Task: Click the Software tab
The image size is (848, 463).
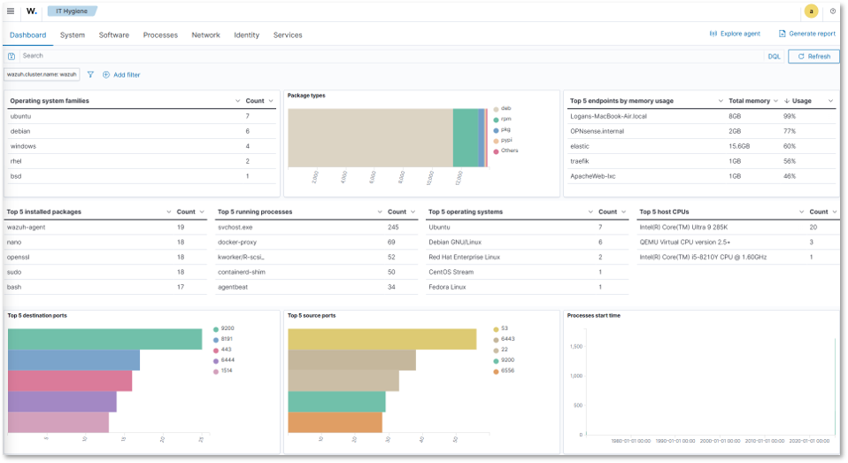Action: point(113,35)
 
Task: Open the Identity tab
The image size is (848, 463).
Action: point(246,35)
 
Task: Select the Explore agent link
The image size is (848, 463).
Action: point(735,34)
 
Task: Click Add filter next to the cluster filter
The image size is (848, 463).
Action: point(121,75)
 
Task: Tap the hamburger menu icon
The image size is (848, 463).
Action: point(11,12)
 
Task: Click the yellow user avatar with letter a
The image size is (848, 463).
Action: point(811,12)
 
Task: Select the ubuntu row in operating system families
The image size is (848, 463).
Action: point(21,116)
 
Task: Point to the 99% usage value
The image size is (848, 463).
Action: point(790,116)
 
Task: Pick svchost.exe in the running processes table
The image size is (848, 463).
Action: point(235,227)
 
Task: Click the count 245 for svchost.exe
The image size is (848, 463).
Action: point(393,227)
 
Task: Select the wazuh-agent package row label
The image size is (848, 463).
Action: point(26,227)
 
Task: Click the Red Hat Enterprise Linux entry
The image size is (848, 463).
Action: point(464,257)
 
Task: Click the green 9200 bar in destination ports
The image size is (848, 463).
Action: point(104,339)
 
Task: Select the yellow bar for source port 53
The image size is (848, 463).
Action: point(382,339)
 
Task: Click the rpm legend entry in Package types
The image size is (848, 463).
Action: point(505,119)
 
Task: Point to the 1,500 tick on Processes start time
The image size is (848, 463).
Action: point(575,346)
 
